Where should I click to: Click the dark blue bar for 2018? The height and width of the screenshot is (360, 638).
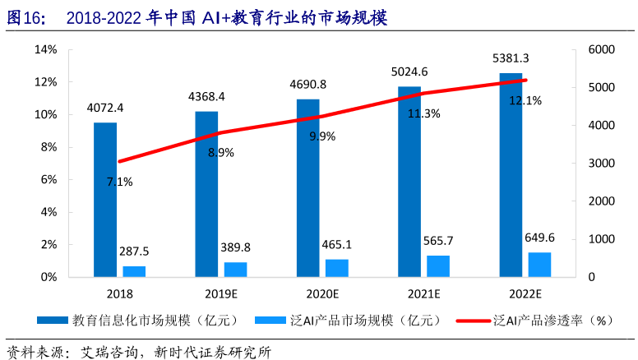pyautogui.click(x=104, y=200)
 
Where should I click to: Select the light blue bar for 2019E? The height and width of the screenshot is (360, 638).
pyautogui.click(x=235, y=269)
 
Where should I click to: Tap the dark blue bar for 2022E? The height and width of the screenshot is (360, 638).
pyautogui.click(x=511, y=174)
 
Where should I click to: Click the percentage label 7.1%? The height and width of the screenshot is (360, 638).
pyautogui.click(x=120, y=182)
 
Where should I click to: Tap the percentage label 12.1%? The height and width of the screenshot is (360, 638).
pyautogui.click(x=525, y=100)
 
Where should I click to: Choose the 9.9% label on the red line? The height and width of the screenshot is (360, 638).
pyautogui.click(x=322, y=136)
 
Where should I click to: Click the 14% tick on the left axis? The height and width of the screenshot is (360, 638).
pyautogui.click(x=46, y=49)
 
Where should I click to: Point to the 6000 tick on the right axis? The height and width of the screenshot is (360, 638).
pyautogui.click(x=602, y=49)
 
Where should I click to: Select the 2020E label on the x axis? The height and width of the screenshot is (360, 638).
pyautogui.click(x=322, y=293)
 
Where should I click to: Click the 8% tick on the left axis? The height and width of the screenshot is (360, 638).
pyautogui.click(x=49, y=147)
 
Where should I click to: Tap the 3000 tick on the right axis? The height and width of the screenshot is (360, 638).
pyautogui.click(x=602, y=164)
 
